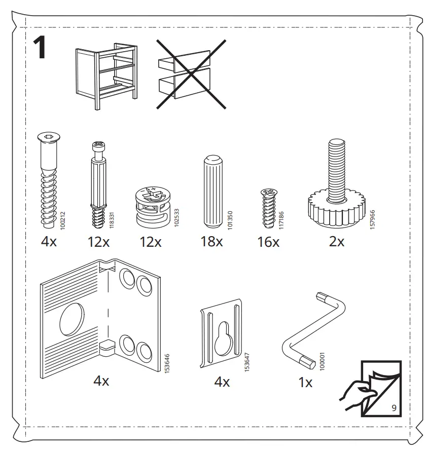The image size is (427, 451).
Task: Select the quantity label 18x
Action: pyautogui.click(x=211, y=242)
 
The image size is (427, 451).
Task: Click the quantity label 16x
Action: pyautogui.click(x=268, y=242)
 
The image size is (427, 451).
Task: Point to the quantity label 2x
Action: pyautogui.click(x=337, y=242)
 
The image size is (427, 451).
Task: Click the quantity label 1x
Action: pyautogui.click(x=305, y=383)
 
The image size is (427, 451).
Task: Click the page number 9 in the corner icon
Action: pyautogui.click(x=394, y=407)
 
